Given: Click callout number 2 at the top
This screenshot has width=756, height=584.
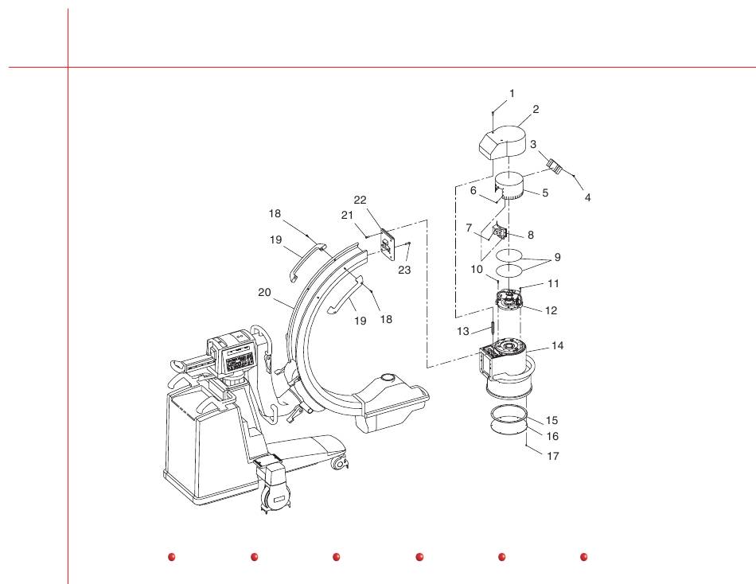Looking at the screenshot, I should coord(536,110).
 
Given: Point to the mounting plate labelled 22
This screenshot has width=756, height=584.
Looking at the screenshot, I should coord(387,246).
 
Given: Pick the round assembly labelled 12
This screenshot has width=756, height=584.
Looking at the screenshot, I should coord(508,301).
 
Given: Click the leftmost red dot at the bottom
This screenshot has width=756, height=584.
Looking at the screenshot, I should coord(171,557).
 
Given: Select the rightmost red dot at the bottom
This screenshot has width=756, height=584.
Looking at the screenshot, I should coord(583,557).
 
